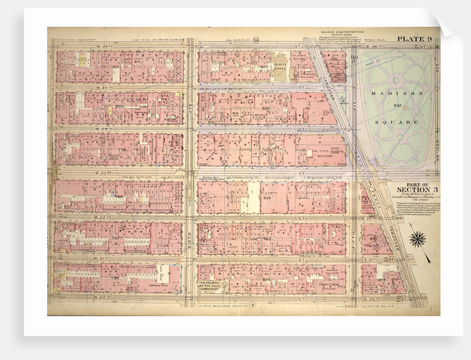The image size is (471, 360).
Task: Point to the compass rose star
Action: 418,239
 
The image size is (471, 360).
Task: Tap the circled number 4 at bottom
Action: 252,305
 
